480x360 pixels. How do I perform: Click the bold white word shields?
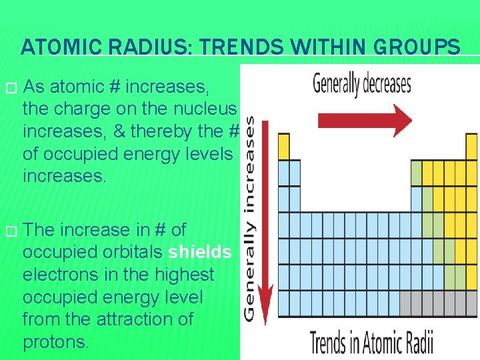click(200, 252)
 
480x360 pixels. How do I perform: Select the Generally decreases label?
click(362, 85)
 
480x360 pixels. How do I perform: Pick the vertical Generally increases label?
click(250, 217)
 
